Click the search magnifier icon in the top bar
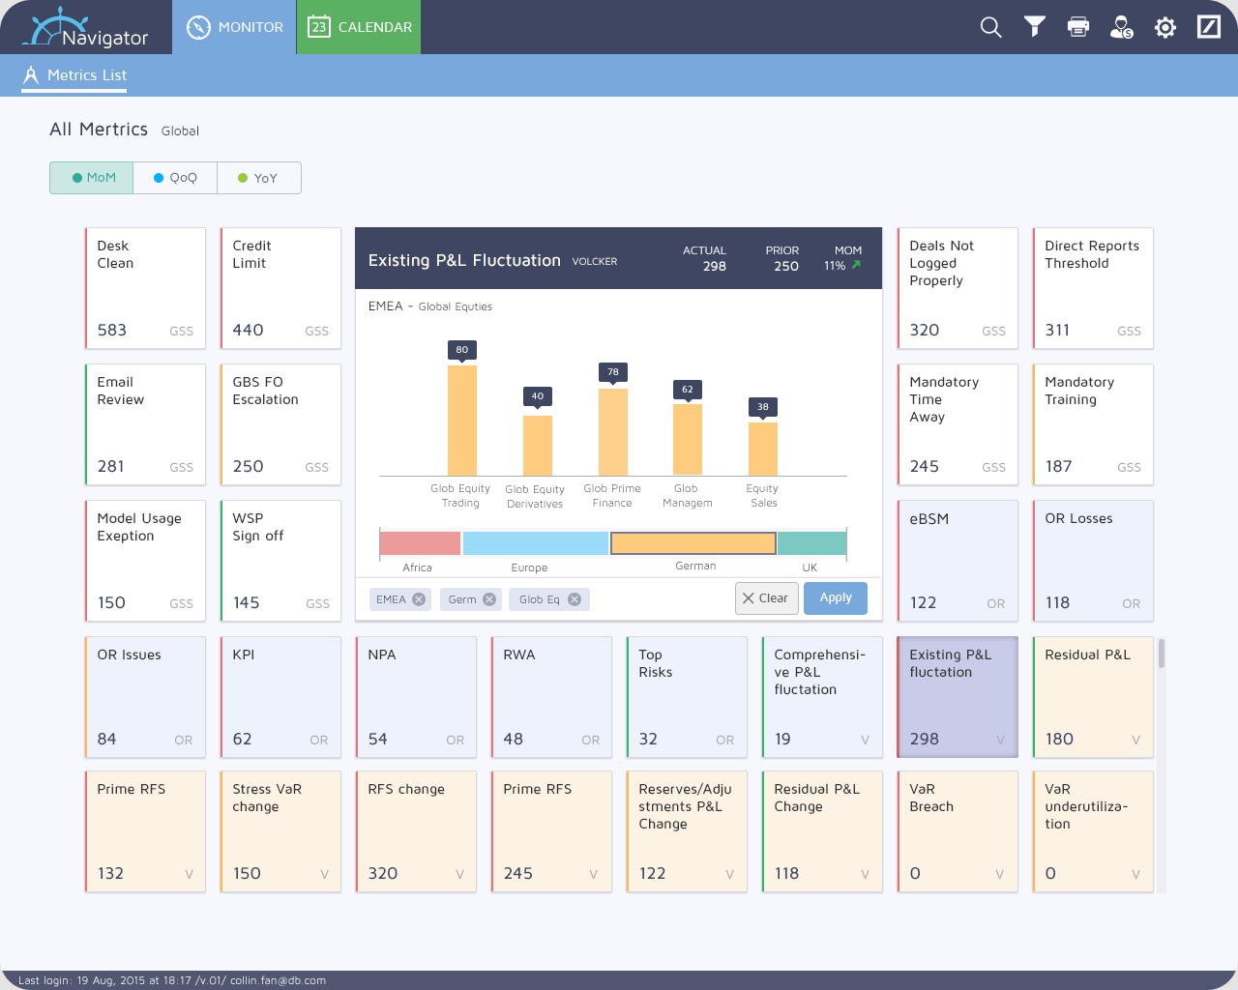990,27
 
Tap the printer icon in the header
1078,27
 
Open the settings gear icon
1164,27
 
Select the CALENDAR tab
359,27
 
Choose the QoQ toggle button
175,178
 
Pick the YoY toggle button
259,178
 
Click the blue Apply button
836,598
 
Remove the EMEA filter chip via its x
419,599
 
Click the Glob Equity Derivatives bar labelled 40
538,446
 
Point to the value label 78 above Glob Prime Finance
612,372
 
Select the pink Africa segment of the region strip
420,543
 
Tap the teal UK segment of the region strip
811,543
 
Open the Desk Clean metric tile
145,288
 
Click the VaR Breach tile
958,831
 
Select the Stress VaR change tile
280,831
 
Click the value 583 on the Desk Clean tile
111,331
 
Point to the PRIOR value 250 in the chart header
785,266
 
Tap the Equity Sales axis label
763,495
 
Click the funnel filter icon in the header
1034,27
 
